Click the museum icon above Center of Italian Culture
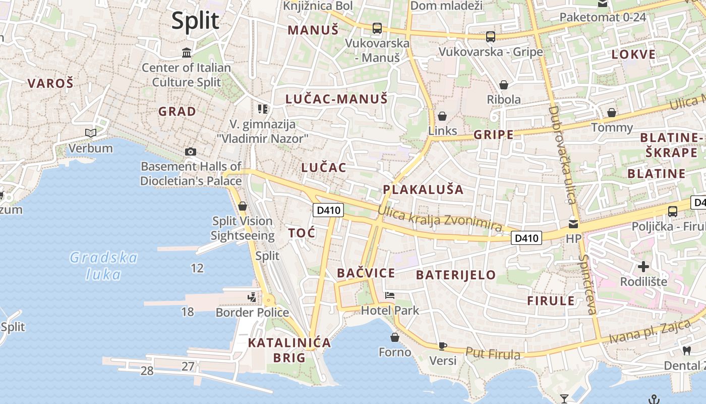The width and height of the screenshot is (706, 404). (x=187, y=53)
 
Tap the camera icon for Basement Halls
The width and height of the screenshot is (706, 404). (x=191, y=151)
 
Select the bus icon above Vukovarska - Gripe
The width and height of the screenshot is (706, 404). (x=490, y=36)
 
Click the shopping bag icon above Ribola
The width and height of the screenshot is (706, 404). (x=503, y=84)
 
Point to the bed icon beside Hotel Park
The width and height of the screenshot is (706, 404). (x=389, y=295)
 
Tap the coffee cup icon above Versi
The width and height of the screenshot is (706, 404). (x=442, y=346)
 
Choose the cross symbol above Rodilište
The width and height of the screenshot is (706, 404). (x=643, y=266)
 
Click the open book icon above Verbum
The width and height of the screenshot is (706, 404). (x=91, y=133)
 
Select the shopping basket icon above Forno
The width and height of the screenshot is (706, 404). (x=395, y=337)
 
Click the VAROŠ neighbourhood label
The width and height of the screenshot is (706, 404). (x=50, y=83)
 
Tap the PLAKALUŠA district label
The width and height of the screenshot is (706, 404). (x=423, y=189)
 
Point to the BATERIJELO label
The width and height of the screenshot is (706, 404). (x=456, y=275)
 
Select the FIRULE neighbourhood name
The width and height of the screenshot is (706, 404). (x=551, y=301)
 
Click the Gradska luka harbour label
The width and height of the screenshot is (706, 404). (x=103, y=266)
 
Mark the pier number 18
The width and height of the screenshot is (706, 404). (x=188, y=312)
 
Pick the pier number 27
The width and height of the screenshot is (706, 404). (x=188, y=366)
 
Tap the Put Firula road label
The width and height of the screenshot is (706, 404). (x=492, y=353)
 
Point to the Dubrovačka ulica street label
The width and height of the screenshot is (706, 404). (x=562, y=154)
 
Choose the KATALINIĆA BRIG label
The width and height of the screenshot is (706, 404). (x=289, y=350)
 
